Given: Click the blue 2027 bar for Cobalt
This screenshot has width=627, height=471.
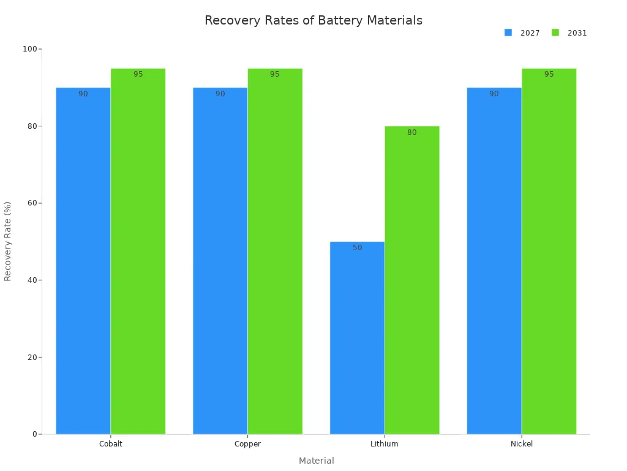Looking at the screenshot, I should pyautogui.click(x=83, y=261).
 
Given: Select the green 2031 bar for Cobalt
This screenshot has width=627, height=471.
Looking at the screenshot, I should pyautogui.click(x=138, y=251).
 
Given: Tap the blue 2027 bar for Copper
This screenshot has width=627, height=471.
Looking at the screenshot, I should pyautogui.click(x=220, y=261).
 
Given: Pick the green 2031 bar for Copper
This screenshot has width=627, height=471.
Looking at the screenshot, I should pyautogui.click(x=275, y=251).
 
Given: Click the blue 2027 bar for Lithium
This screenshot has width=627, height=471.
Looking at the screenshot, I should pyautogui.click(x=357, y=338).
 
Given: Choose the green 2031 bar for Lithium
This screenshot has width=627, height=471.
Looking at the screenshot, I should pyautogui.click(x=412, y=280).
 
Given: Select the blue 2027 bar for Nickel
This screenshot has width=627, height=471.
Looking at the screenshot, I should pyautogui.click(x=494, y=261).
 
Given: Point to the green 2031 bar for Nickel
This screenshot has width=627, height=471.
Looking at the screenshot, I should pyautogui.click(x=549, y=251).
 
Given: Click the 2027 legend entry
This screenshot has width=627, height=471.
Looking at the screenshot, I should pyautogui.click(x=522, y=33).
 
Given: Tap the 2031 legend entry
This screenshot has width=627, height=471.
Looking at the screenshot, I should pyautogui.click(x=569, y=33).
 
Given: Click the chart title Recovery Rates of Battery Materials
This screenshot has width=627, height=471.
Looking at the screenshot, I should pyautogui.click(x=313, y=20).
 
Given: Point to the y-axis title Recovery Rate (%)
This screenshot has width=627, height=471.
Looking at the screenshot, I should pyautogui.click(x=8, y=241).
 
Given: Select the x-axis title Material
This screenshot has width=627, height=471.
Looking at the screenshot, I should pyautogui.click(x=317, y=461).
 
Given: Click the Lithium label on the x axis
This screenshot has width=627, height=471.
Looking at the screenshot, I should pyautogui.click(x=385, y=444).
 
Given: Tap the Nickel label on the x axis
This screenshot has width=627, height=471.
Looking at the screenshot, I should pyautogui.click(x=522, y=444).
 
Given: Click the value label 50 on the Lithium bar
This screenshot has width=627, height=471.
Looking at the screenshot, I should pyautogui.click(x=358, y=248).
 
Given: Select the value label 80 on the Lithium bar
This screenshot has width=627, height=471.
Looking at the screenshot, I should pyautogui.click(x=412, y=132).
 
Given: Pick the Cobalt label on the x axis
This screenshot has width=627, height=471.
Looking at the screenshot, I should pyautogui.click(x=111, y=444).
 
